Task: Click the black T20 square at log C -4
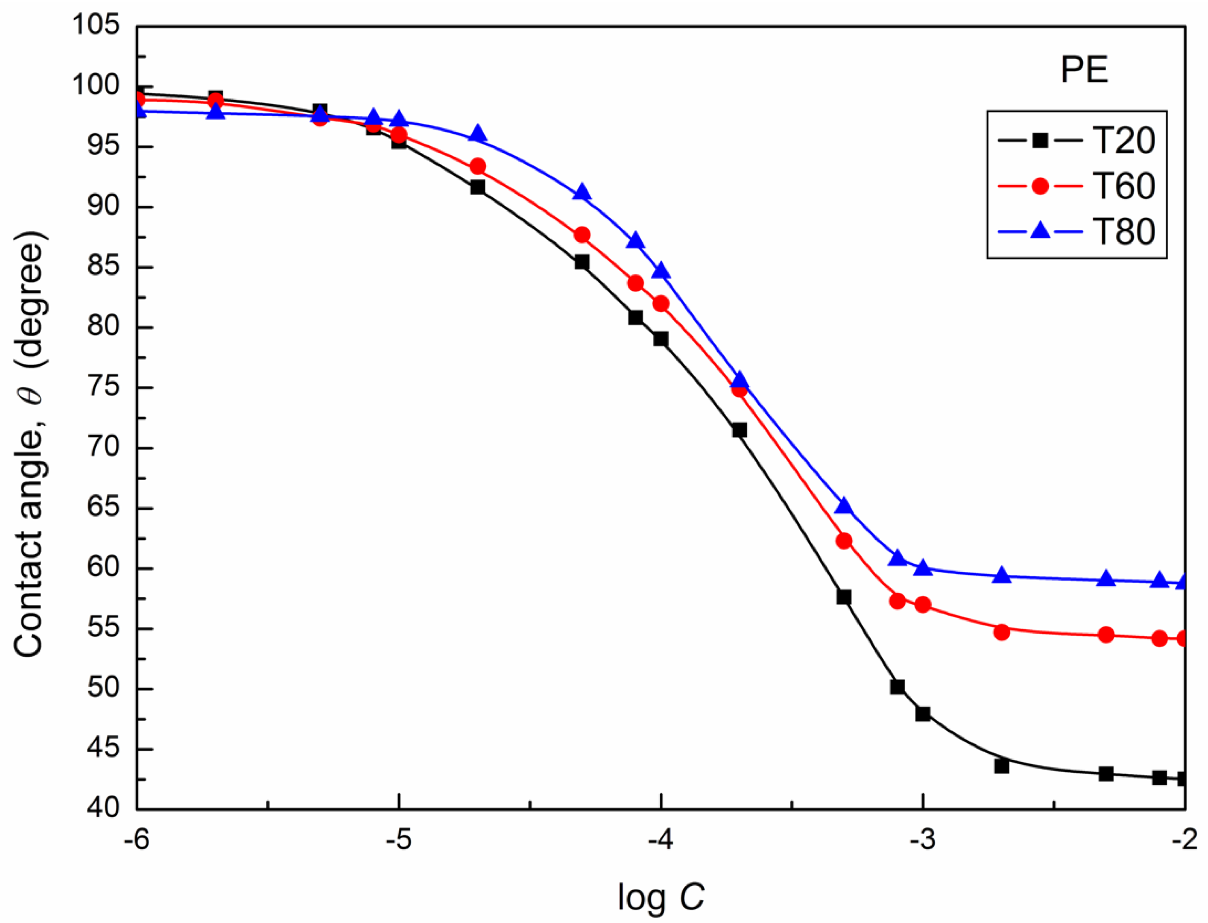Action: [661, 339]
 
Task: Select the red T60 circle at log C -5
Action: [400, 135]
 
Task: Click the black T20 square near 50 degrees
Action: [897, 687]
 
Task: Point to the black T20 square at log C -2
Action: [1183, 778]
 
